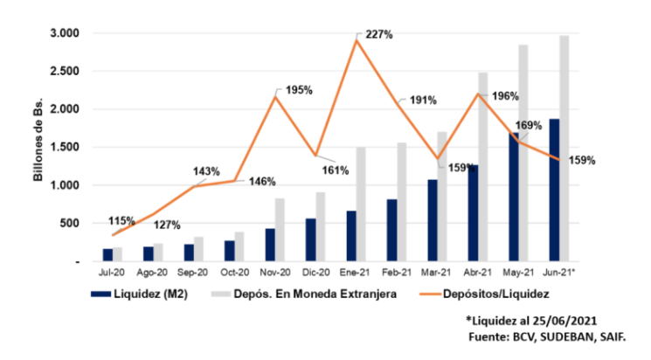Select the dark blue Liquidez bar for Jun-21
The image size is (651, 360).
pos(554,190)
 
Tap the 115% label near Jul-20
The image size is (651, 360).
pos(121,220)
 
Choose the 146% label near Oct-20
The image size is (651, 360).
pos(261,182)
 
